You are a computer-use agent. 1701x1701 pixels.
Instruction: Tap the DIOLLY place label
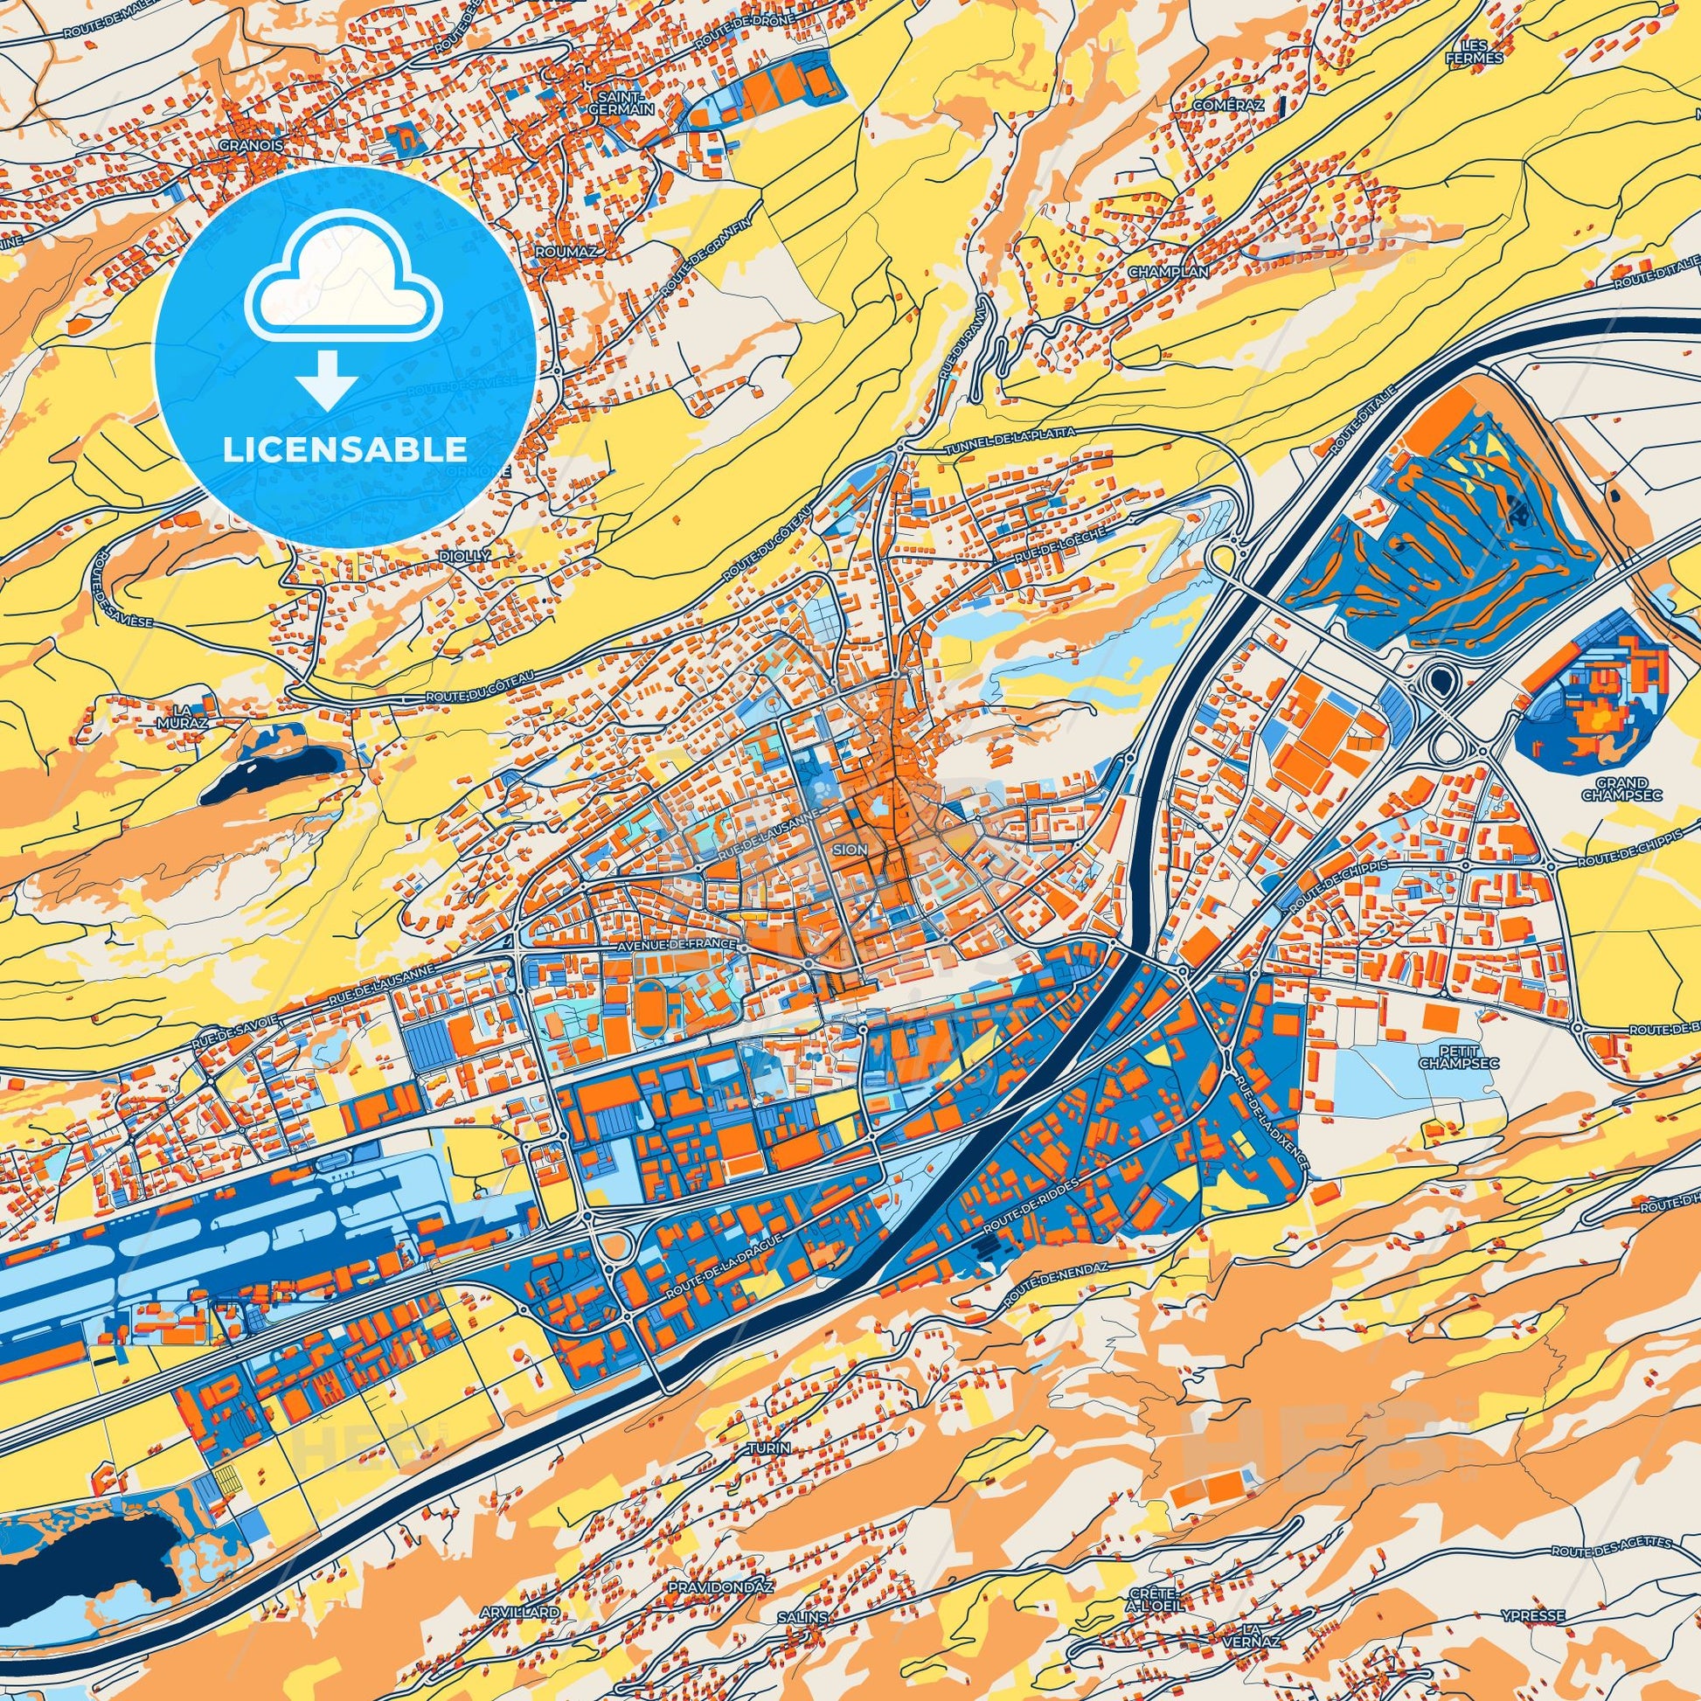coord(467,557)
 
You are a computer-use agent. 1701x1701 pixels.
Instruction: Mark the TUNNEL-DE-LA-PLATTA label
coord(1010,432)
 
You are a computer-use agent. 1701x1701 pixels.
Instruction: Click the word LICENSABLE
coord(344,449)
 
